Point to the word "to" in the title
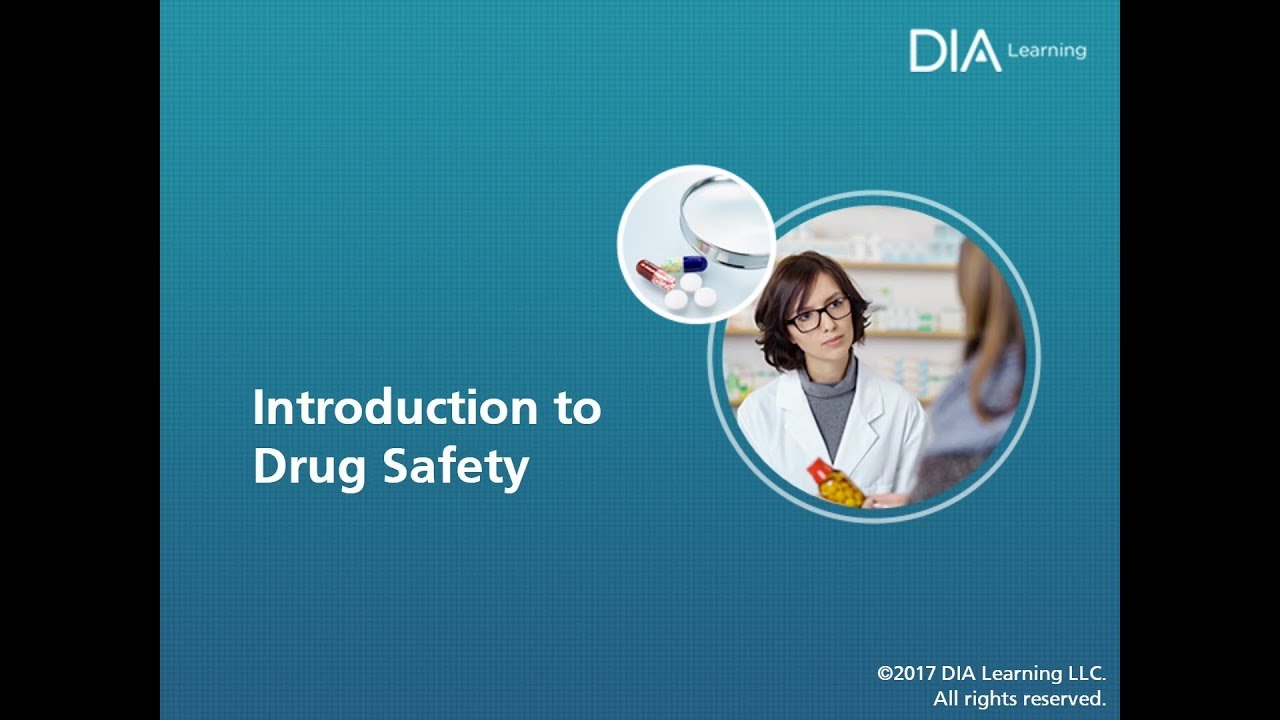pyautogui.click(x=578, y=408)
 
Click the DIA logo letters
pyautogui.click(x=954, y=51)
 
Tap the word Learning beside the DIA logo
pyautogui.click(x=1047, y=50)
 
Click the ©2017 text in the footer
pyautogui.click(x=906, y=674)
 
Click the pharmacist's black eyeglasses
pyautogui.click(x=818, y=314)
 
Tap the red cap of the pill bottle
pyautogui.click(x=821, y=470)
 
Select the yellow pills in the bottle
pyautogui.click(x=841, y=490)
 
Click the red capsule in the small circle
pyautogui.click(x=655, y=273)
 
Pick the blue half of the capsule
pyautogui.click(x=694, y=264)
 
